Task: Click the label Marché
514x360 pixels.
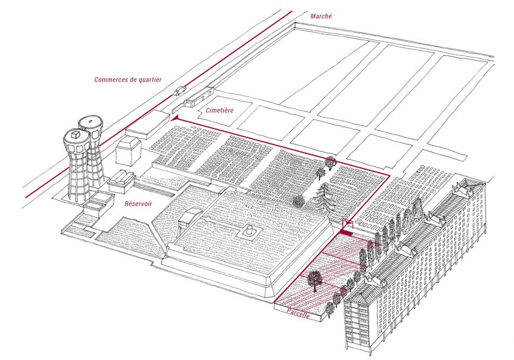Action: [321, 16]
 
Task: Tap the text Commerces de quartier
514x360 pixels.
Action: [128, 80]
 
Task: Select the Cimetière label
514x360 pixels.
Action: [220, 110]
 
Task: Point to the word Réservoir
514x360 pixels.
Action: [138, 204]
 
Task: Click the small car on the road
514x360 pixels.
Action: [180, 91]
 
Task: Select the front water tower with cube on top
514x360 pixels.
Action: [77, 164]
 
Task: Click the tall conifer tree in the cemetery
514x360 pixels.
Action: [325, 198]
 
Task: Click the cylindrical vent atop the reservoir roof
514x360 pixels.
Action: [250, 229]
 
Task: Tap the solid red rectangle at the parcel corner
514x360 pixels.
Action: [346, 233]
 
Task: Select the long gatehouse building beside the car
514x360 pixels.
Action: [199, 97]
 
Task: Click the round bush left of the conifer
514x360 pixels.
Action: [299, 201]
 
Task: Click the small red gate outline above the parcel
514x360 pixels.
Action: [347, 224]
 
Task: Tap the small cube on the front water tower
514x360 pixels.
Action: [76, 134]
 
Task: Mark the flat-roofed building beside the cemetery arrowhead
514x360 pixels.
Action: [148, 125]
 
